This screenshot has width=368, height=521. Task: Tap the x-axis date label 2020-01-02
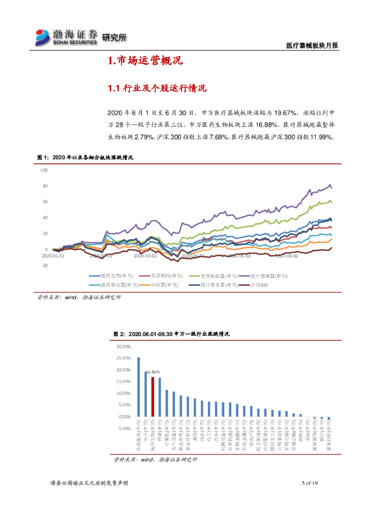coord(53,256)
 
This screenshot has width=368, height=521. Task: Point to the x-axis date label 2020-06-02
coord(287,256)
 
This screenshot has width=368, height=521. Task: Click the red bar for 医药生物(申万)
coord(152,397)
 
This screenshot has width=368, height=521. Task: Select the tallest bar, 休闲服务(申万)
coord(138,387)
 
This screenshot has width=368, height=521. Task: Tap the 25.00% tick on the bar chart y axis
coord(124,358)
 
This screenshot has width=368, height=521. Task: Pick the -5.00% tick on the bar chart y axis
coord(124,428)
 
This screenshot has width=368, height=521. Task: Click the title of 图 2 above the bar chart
coord(171,334)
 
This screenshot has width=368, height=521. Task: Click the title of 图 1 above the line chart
coord(85,158)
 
